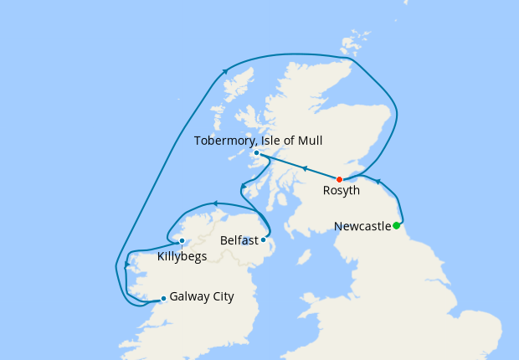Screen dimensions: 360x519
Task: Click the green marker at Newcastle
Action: point(397,225)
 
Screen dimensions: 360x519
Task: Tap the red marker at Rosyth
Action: point(339,180)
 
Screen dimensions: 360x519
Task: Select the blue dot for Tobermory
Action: point(256,153)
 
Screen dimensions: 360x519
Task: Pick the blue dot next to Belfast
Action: point(263,240)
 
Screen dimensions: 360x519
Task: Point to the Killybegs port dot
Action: point(182,241)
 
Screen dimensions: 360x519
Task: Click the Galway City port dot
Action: point(163,298)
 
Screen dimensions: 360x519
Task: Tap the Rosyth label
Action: point(342,191)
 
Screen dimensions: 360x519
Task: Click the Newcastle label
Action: point(362,226)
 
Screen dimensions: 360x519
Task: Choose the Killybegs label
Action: point(182,255)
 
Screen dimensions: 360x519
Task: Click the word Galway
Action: point(189,296)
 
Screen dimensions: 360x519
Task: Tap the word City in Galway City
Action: point(222,296)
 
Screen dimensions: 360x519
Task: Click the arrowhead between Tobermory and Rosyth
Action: point(305,169)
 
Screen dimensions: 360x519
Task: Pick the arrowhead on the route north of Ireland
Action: point(215,203)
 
